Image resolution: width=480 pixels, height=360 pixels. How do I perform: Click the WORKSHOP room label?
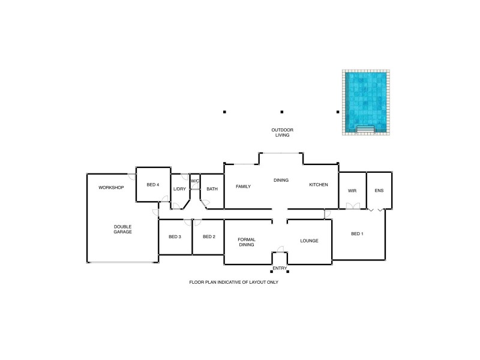[x=111, y=188]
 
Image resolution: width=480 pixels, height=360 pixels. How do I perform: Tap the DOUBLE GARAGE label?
[x=122, y=229]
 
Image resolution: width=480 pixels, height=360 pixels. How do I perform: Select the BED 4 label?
[x=152, y=185]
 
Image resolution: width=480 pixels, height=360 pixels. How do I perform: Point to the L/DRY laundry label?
[x=179, y=189]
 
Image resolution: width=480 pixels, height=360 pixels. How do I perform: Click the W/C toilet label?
[x=195, y=181]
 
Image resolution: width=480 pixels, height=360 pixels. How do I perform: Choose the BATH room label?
[x=212, y=189]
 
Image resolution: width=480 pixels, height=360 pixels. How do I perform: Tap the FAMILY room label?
[x=243, y=187]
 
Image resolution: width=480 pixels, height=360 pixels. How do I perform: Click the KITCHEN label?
[x=319, y=185]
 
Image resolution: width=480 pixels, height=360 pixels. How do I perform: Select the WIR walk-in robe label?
[x=352, y=191]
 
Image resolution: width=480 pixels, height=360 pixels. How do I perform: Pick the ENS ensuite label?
[x=379, y=191]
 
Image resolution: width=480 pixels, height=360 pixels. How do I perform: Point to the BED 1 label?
[x=357, y=233]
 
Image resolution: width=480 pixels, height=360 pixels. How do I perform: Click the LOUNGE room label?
[x=309, y=241]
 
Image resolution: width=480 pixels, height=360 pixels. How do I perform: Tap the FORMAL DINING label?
[x=247, y=241]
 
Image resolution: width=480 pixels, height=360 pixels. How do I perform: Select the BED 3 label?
[x=175, y=237]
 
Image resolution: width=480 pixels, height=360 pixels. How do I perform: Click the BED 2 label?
[x=209, y=237]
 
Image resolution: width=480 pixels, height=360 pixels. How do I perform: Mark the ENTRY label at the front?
[x=280, y=268]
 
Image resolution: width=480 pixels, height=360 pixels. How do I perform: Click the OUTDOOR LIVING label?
[x=282, y=133]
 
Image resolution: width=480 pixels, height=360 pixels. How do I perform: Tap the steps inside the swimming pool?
[x=365, y=129]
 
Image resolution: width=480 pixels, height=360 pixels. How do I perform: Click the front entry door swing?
[x=281, y=248]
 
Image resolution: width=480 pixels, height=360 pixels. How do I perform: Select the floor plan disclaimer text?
[x=233, y=281]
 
